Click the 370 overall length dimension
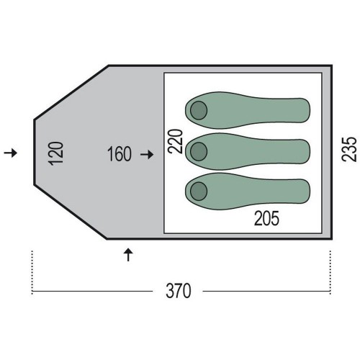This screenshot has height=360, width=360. point(179,291)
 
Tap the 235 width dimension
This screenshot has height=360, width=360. point(349,149)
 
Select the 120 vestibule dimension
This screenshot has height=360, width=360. point(56,153)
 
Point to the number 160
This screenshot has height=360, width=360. point(120,154)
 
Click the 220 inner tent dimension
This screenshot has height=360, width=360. point(175,141)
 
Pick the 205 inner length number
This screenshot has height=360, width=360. point(266,218)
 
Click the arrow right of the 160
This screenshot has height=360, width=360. point(147,154)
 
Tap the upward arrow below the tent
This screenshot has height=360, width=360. point(128,255)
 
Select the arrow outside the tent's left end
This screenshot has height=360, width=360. point(11,153)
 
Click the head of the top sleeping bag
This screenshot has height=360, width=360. point(199,110)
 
